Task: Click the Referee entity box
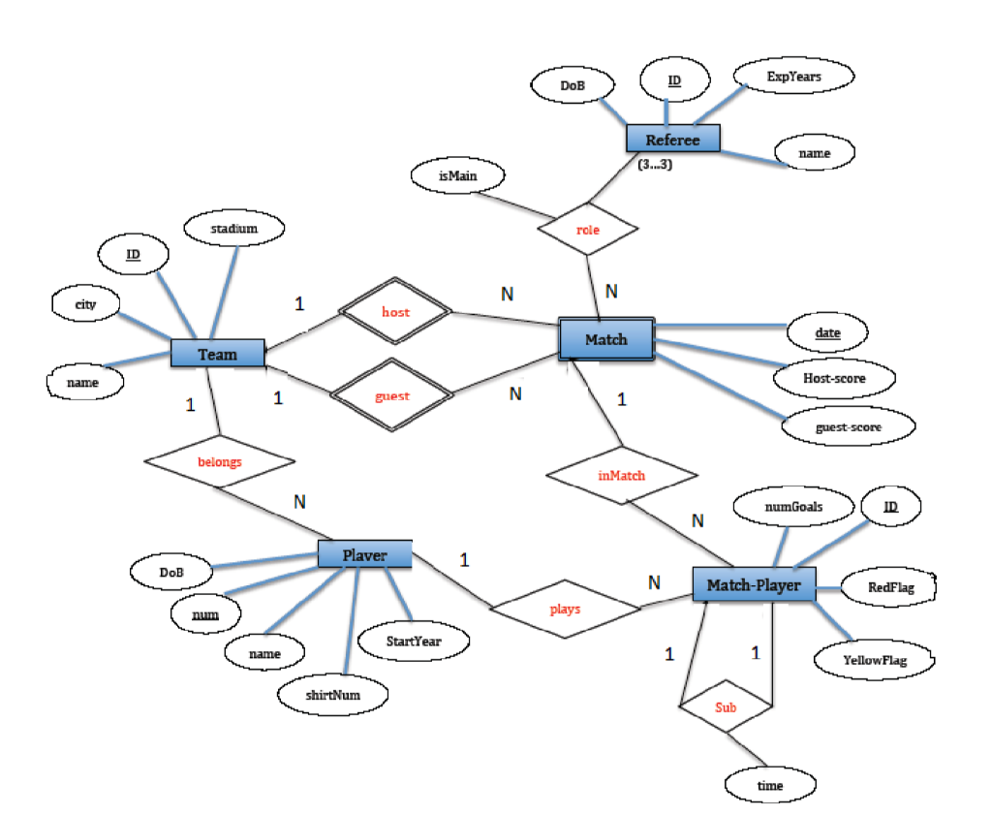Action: coord(673,140)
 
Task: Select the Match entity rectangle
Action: coord(606,339)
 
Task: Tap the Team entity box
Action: coord(217,354)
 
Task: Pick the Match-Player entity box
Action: coord(754,584)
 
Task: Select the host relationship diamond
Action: coord(395,313)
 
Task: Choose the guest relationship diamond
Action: coord(393,396)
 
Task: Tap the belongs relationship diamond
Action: coord(220,462)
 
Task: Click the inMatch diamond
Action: coord(621,476)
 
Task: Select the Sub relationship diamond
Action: coord(726,707)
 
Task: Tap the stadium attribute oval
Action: coord(234,229)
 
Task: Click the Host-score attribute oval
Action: coord(834,378)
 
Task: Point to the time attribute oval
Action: coord(770,785)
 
